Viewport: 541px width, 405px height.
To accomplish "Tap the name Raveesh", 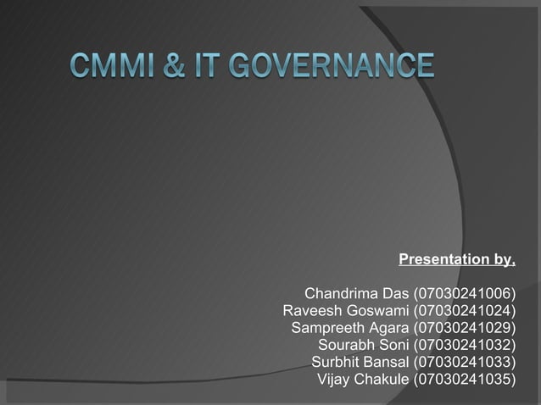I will (310, 311).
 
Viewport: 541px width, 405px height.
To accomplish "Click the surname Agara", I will (388, 328).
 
